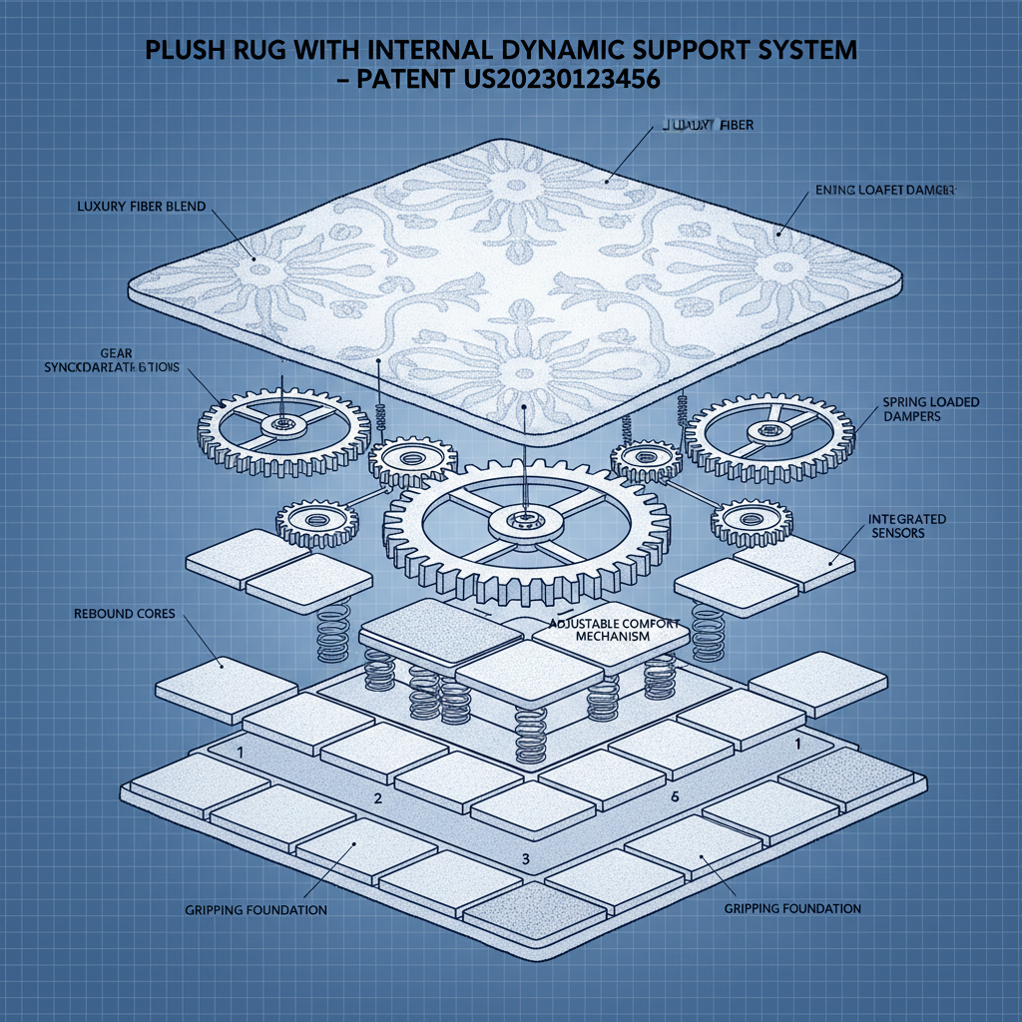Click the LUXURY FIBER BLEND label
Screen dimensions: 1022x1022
tap(141, 207)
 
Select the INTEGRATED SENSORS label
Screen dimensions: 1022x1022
tap(907, 526)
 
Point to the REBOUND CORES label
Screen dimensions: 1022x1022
tap(124, 613)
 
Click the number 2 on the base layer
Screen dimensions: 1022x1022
tap(377, 798)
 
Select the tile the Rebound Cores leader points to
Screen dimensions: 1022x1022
tap(225, 689)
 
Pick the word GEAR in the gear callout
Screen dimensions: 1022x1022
tap(115, 353)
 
